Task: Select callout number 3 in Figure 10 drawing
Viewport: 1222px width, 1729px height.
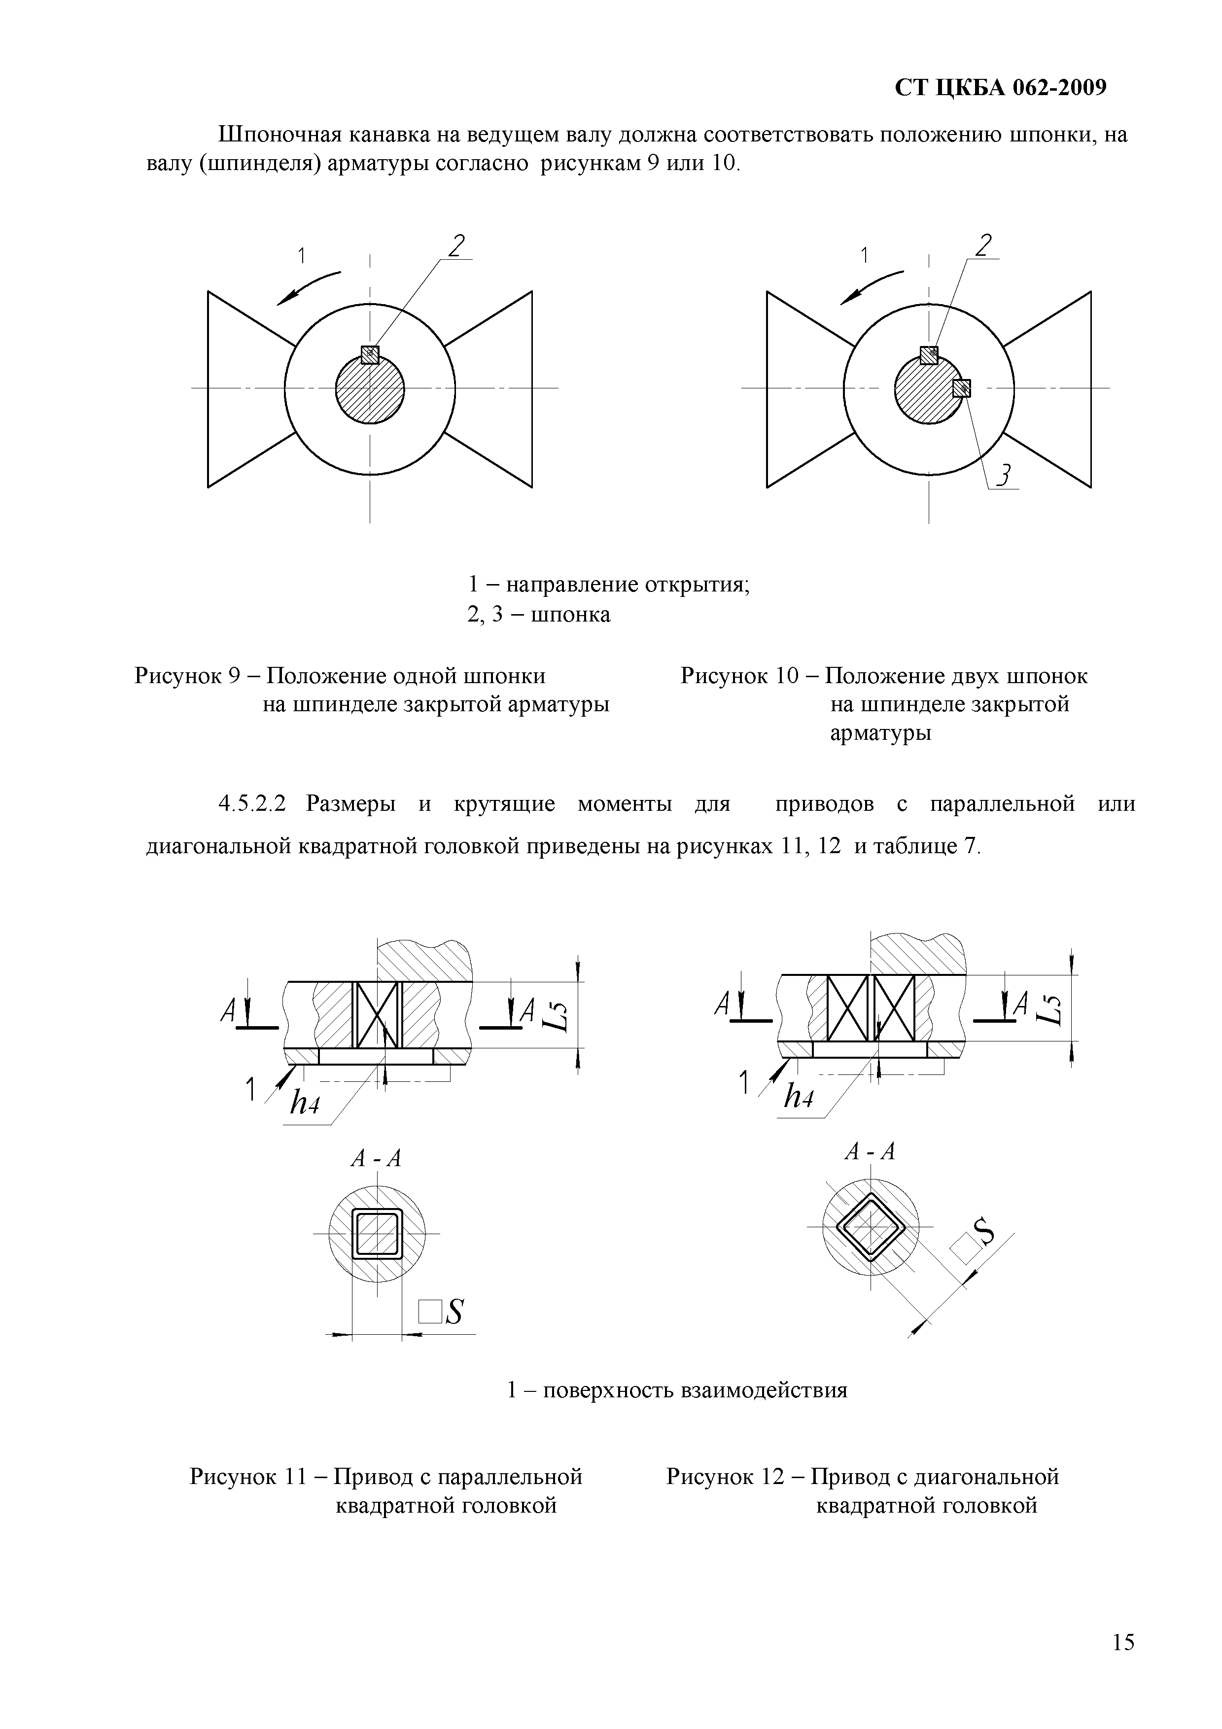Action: click(1004, 476)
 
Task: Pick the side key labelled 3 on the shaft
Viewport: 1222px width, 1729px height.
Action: click(962, 388)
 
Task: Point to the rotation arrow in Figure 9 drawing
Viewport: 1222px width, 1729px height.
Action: click(307, 288)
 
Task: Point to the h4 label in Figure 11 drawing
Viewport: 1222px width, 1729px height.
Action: click(305, 1104)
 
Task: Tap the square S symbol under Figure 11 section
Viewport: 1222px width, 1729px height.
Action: click(442, 1312)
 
